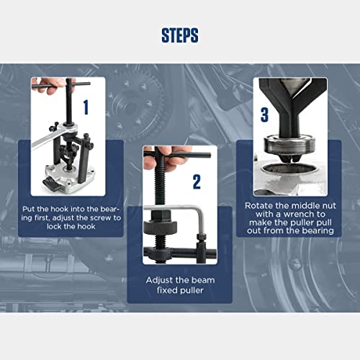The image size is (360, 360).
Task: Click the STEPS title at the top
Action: pos(180,35)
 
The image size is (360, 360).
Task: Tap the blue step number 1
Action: pos(86,108)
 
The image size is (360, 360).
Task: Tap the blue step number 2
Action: pos(196,182)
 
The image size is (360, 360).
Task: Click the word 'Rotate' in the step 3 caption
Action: pos(261,205)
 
